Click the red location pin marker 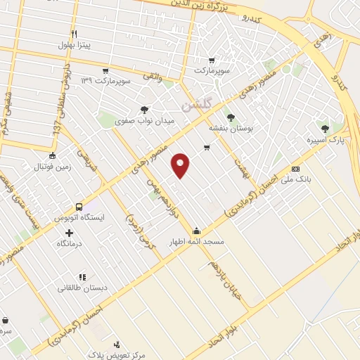tap(181, 165)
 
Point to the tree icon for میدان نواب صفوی tap(144, 109)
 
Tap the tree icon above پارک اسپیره tap(324, 129)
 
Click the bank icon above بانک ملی tap(295, 169)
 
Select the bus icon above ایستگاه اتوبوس tap(79, 207)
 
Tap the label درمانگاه tap(69, 243)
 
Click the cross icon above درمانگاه tap(69, 231)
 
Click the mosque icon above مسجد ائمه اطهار tap(195, 231)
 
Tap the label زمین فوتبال tap(53, 167)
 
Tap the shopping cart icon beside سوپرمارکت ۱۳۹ tap(105, 71)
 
